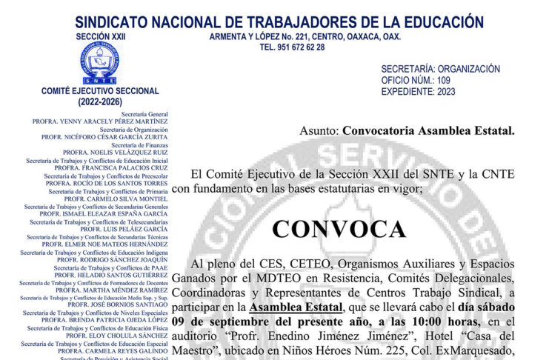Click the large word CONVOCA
pos(339,228)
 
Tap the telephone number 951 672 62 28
pos(292,47)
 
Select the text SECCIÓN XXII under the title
pos(101,36)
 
